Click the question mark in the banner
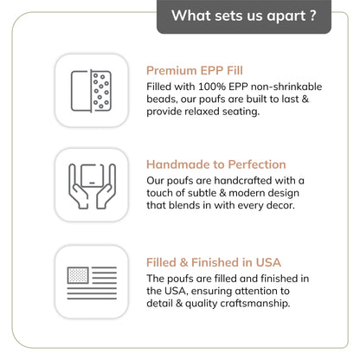point(313,16)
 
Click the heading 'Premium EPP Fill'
point(195,71)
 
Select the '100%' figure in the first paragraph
point(212,87)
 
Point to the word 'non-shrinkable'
point(286,87)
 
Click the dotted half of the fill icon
point(101,91)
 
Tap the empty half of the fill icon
point(80,91)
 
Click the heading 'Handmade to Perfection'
point(216,164)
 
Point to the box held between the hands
point(92,176)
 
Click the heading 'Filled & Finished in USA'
point(214,262)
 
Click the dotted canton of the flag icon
point(78,275)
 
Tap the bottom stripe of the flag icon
point(92,299)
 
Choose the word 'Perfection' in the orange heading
point(257,164)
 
